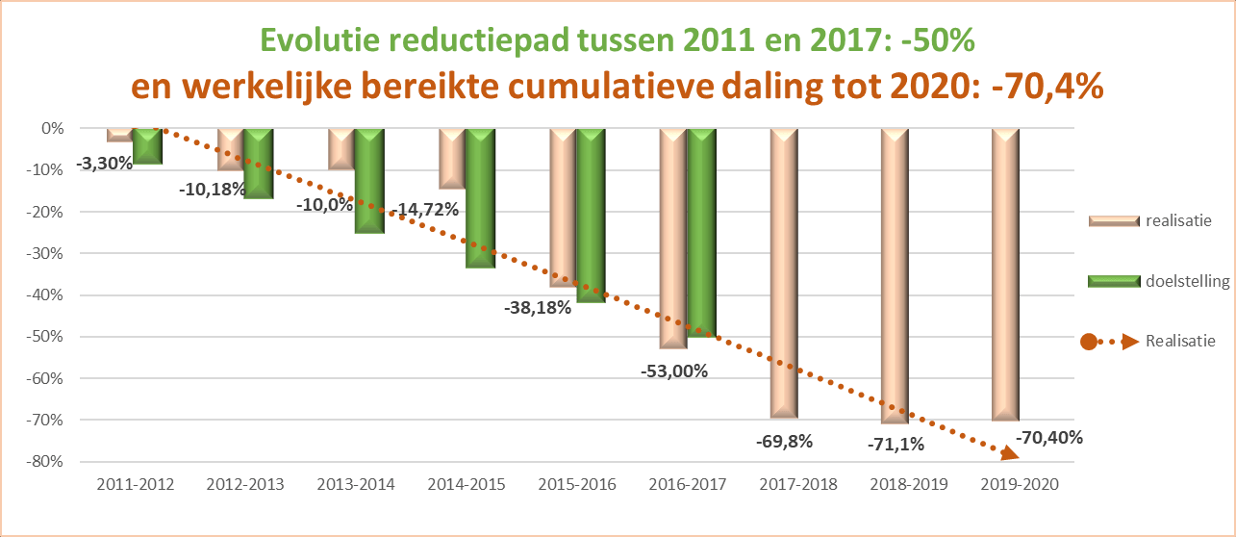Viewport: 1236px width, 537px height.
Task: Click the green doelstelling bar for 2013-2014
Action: pyautogui.click(x=369, y=181)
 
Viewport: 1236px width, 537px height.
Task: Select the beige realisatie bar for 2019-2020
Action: pyautogui.click(x=1006, y=274)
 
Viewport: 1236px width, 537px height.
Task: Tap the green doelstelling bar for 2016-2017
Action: pyautogui.click(x=702, y=232)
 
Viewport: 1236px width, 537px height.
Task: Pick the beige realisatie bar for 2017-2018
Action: pyautogui.click(x=785, y=273)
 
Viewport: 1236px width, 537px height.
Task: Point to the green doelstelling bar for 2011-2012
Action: pyautogui.click(x=148, y=145)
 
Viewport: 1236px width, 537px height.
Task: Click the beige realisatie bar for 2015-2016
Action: pyautogui.click(x=563, y=207)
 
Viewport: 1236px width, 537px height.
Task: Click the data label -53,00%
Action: pyautogui.click(x=673, y=371)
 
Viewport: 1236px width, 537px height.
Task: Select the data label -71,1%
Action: pyautogui.click(x=896, y=444)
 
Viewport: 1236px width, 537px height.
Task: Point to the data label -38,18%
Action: pyautogui.click(x=538, y=309)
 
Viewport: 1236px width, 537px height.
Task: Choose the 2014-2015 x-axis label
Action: pyautogui.click(x=467, y=484)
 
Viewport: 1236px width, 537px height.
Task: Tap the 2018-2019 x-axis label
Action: pyautogui.click(x=909, y=484)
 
